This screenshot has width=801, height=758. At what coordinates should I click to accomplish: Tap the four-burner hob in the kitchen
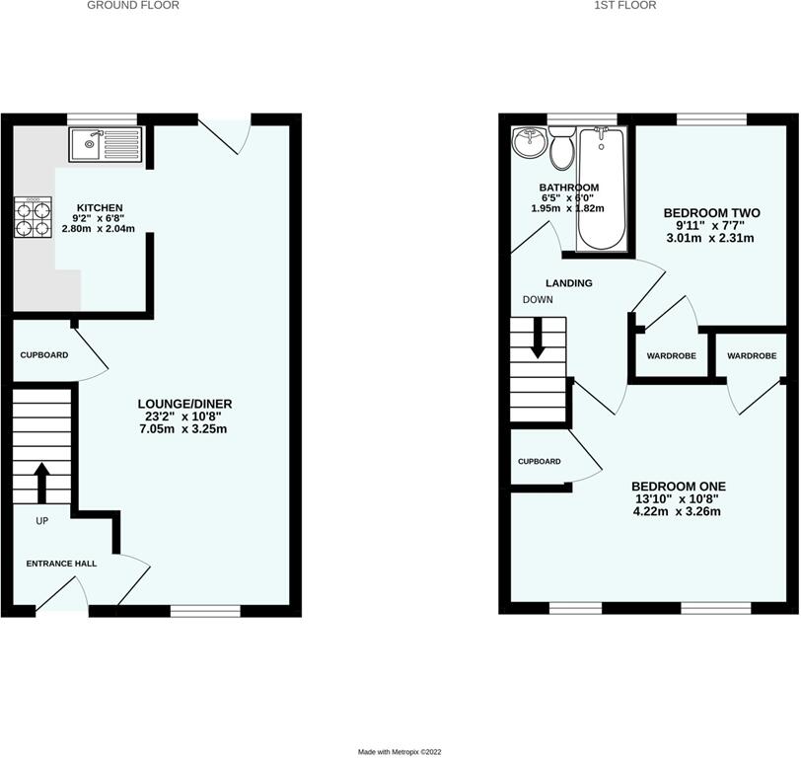(33, 218)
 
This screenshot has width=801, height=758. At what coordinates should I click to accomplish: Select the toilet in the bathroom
(563, 151)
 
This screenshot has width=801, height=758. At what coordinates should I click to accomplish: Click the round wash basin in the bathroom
(530, 143)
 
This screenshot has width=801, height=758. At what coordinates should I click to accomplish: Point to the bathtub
(600, 188)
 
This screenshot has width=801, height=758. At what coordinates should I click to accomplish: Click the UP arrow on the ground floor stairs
(42, 483)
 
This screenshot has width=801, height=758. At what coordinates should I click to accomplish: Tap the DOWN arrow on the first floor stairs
(539, 341)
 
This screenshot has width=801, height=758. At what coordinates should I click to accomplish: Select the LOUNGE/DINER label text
(186, 405)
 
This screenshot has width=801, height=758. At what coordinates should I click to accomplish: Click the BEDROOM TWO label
(708, 213)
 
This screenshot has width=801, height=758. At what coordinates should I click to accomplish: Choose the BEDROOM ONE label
(679, 487)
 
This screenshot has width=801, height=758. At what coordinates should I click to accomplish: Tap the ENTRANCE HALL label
(61, 563)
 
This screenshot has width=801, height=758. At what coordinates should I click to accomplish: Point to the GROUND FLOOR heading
(133, 6)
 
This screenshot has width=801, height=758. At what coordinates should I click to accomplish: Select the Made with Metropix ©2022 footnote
(400, 751)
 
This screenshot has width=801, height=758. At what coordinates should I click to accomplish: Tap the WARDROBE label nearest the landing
(671, 355)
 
